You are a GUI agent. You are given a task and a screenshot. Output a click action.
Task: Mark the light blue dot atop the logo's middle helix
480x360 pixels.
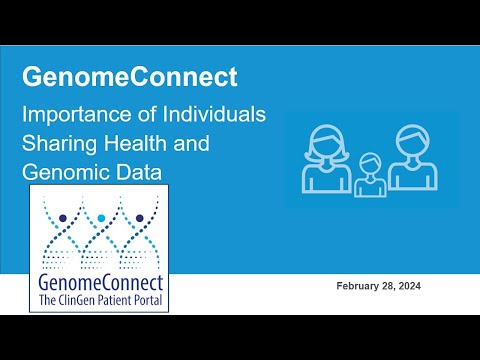pos(101,216)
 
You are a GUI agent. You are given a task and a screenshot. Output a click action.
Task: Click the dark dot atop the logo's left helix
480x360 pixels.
pos(64,216)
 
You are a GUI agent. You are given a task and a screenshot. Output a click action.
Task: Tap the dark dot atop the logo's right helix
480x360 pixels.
pos(139,216)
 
